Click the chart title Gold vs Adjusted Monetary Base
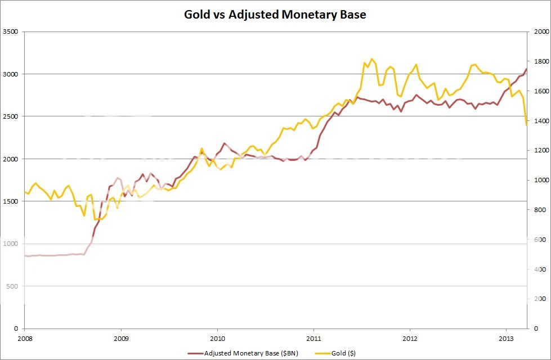tap(275, 15)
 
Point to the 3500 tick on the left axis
tap(11, 32)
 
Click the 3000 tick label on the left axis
tap(11, 74)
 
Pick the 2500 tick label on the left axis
tap(11, 116)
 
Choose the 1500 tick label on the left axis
tap(11, 201)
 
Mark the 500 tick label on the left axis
tap(13, 286)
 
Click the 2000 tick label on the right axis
tap(539, 32)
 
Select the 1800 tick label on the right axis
tap(539, 61)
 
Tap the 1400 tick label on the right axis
tap(539, 121)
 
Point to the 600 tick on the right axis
tap(537, 240)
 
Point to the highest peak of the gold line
tap(371, 58)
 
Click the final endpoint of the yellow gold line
tap(527, 125)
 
